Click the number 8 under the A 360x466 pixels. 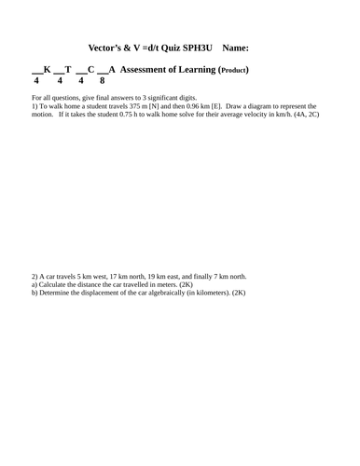[x=103, y=81]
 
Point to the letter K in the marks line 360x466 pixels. [x=47, y=70]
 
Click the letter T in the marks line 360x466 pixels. [x=69, y=70]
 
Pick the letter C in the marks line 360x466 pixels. [x=91, y=70]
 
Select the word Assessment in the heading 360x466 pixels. [x=145, y=70]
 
